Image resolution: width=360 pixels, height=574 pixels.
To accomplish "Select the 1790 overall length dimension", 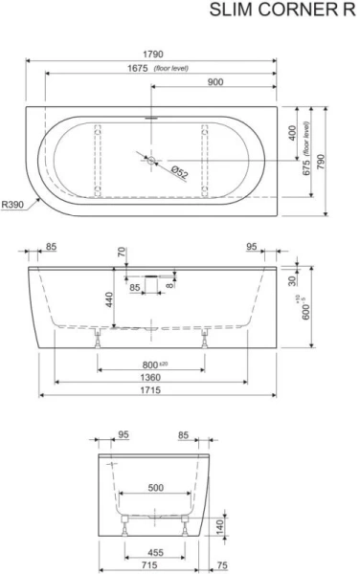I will tap(159, 55).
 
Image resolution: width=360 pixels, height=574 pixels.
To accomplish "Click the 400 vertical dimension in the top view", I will tap(291, 135).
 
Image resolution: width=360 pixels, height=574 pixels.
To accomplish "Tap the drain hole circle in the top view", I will tap(151, 160).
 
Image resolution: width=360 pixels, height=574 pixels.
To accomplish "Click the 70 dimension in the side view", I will tap(122, 254).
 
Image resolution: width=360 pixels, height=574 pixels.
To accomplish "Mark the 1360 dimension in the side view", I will tap(153, 379).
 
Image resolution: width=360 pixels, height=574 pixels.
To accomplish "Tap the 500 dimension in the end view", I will tap(154, 486).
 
